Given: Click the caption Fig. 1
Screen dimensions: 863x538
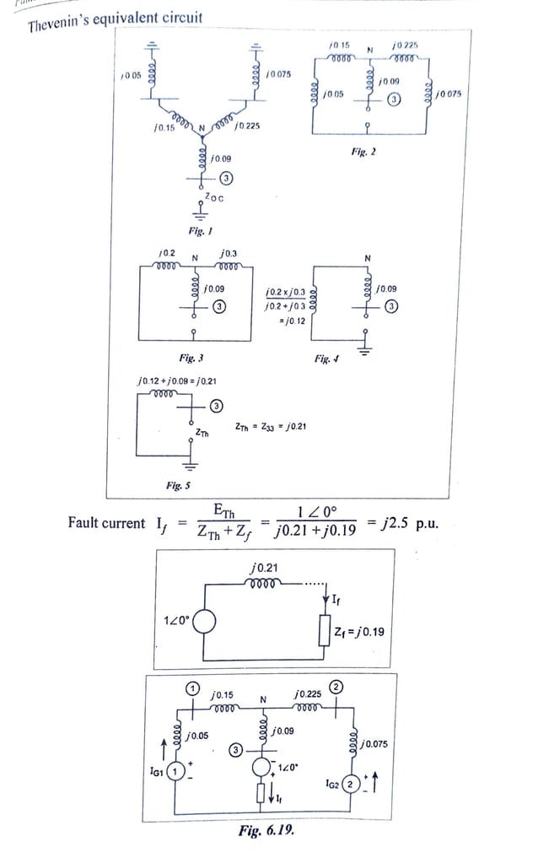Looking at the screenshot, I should click(198, 230).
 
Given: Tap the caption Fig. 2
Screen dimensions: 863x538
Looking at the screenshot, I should click(363, 152).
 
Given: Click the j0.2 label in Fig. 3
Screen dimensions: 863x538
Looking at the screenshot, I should click(166, 253).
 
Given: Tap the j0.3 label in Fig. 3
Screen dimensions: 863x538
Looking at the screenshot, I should click(228, 253).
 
